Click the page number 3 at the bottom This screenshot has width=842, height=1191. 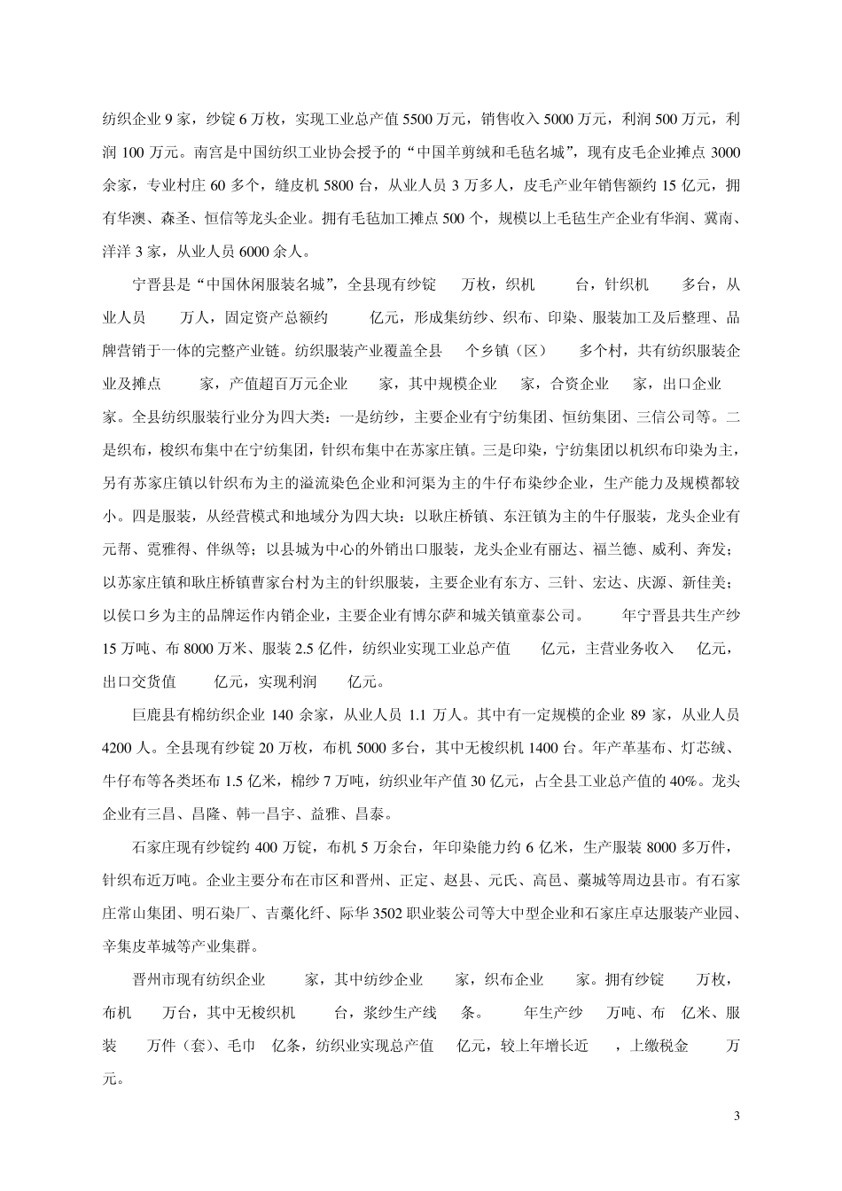coord(737,1115)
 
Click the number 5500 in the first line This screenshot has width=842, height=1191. coord(417,120)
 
